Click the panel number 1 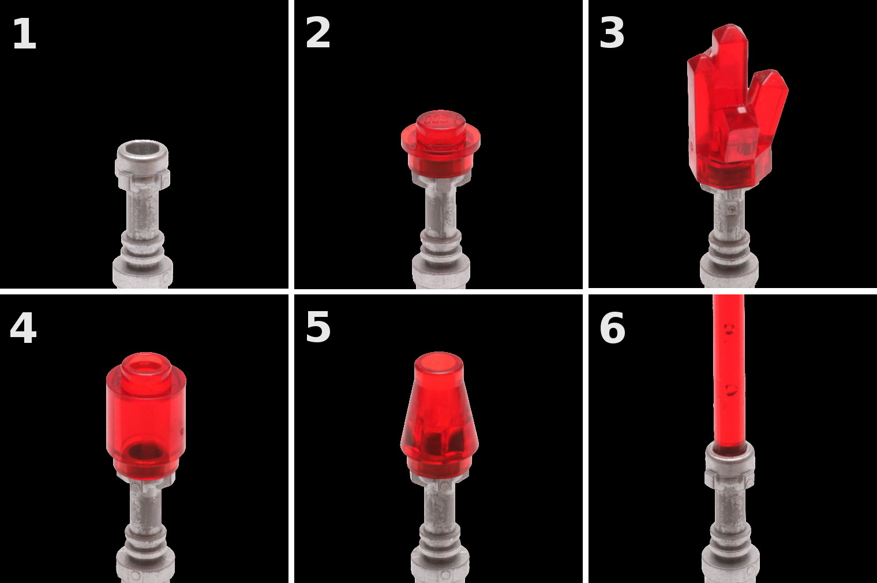[25, 33]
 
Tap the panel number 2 [317, 33]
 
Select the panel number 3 [612, 33]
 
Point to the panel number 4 [23, 328]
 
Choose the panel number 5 [318, 328]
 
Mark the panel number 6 [612, 328]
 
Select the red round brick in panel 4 [146, 415]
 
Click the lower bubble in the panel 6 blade [730, 390]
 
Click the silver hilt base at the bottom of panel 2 [440, 274]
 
